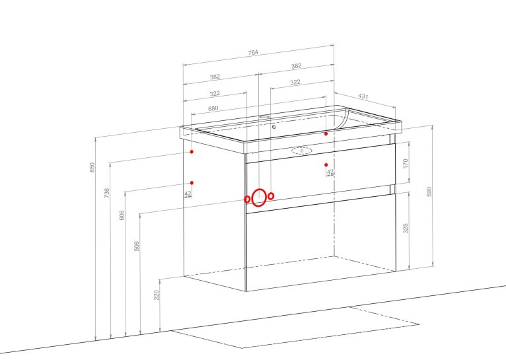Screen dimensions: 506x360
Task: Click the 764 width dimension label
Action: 253,52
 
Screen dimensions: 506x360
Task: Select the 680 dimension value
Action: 213,108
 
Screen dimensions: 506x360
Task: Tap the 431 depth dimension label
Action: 363,96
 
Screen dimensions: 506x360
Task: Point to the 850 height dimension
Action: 92,167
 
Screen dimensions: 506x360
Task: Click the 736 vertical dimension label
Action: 107,193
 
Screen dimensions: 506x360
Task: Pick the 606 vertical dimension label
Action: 122,215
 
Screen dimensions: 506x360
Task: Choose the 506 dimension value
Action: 137,246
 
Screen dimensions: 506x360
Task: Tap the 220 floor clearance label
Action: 156,295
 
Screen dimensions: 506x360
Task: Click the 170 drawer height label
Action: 406,163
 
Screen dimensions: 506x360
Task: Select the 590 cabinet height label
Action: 429,192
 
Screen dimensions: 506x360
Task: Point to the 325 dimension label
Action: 406,228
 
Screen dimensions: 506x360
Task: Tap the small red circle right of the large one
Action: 271,196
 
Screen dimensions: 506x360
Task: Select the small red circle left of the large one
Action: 247,199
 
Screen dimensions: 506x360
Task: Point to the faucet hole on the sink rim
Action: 265,116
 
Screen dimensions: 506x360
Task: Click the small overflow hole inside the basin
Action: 273,127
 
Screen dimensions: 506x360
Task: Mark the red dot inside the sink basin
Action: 326,133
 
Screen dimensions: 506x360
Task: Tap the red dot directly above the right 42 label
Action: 326,165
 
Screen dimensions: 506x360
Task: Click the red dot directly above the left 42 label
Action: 192,183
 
